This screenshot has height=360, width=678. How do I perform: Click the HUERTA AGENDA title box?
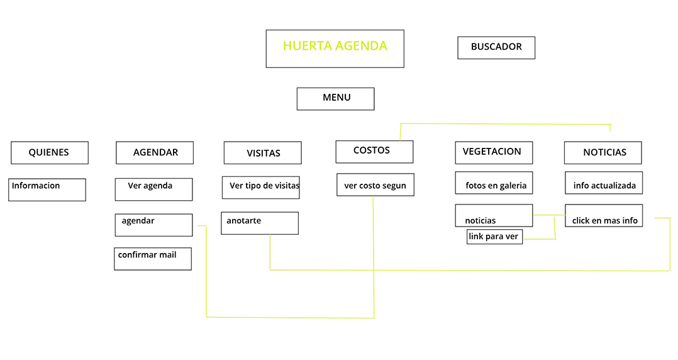(335, 48)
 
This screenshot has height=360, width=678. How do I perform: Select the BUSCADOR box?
(496, 47)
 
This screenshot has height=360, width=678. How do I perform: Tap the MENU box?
(335, 99)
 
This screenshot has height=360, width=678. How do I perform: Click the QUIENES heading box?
(50, 152)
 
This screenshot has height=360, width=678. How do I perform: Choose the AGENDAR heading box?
(155, 152)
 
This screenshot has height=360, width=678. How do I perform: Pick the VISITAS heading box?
(262, 153)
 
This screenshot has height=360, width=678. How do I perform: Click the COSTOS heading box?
(374, 152)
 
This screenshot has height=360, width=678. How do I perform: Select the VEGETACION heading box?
(494, 152)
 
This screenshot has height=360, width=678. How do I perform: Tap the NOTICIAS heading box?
(603, 153)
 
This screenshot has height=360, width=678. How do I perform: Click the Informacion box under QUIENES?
(47, 189)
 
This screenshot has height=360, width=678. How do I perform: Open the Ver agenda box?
(153, 189)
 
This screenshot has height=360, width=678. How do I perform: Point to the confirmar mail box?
(153, 259)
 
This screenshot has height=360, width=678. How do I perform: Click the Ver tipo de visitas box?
(260, 187)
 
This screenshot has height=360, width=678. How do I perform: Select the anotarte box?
(260, 223)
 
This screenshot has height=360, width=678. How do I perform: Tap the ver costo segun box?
(375, 185)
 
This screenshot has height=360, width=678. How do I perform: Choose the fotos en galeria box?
(494, 183)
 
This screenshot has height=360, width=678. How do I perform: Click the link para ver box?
(494, 237)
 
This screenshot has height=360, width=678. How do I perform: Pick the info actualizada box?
(604, 183)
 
